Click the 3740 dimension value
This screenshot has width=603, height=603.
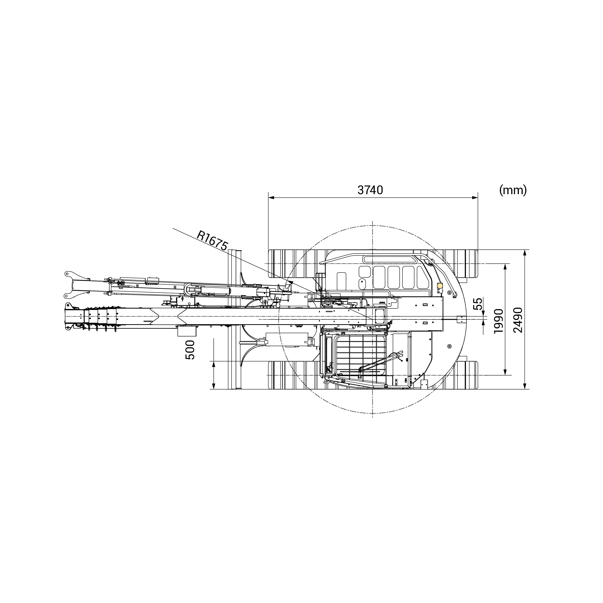tap(370, 190)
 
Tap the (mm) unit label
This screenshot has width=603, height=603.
tap(513, 190)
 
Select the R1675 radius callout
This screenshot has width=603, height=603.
tap(212, 241)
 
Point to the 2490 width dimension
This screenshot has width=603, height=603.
tap(517, 320)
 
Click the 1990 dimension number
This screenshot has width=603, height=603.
tap(499, 321)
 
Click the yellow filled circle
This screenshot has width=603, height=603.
tap(440, 285)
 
